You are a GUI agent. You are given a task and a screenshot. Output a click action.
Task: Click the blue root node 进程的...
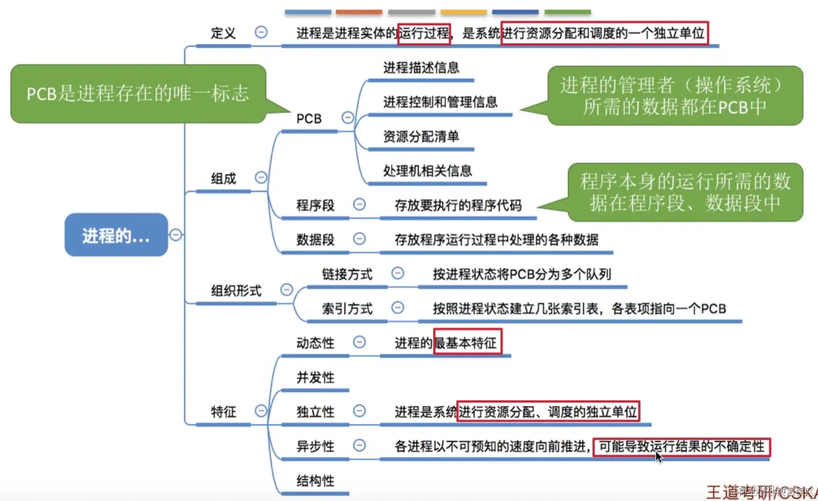(116, 235)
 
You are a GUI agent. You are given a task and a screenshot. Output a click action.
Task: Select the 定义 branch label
(223, 34)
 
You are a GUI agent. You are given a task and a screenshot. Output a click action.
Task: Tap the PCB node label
(309, 119)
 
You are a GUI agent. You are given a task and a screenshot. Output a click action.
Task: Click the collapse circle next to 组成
(261, 178)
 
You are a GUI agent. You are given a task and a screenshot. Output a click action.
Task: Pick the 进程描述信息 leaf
(421, 68)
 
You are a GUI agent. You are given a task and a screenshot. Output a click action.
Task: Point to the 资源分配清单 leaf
(421, 137)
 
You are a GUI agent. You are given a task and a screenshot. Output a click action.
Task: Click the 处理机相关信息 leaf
(427, 171)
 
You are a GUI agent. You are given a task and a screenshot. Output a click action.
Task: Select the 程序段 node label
(315, 205)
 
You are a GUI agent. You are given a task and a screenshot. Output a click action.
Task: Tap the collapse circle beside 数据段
(360, 239)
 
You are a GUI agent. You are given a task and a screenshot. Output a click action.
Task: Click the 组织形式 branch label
(236, 291)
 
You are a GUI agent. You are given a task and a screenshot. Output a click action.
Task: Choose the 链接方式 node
(347, 274)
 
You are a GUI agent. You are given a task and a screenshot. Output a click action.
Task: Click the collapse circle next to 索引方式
(398, 307)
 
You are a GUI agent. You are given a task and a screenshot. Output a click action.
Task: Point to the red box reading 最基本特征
(467, 343)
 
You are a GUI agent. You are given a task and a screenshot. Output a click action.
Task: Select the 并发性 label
(315, 378)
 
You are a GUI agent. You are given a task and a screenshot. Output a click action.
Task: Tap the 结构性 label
(315, 481)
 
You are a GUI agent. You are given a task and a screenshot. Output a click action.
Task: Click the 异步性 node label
(315, 446)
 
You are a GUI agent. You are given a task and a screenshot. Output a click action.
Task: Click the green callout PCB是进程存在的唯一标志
(138, 94)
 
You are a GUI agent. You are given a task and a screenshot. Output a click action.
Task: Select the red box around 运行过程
(424, 34)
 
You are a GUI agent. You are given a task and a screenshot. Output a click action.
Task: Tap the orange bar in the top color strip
(359, 12)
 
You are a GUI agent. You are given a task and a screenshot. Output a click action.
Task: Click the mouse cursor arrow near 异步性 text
(658, 457)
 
